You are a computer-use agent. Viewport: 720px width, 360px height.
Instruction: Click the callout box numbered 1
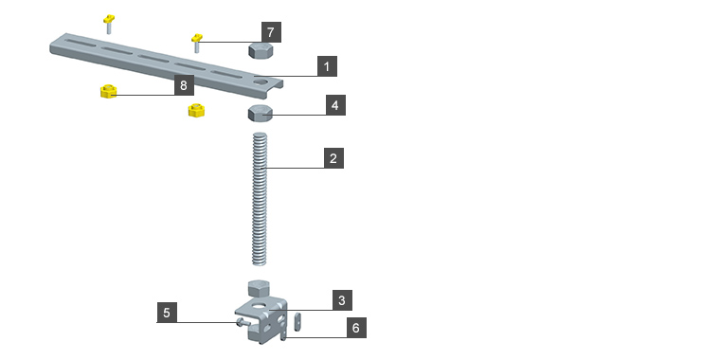(x=327, y=66)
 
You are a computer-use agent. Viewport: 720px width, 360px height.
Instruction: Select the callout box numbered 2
(x=333, y=158)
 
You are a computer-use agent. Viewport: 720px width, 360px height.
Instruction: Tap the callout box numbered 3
(x=342, y=300)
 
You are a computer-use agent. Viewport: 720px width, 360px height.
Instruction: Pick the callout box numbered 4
(x=335, y=105)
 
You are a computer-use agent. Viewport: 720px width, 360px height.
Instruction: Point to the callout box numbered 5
(x=167, y=313)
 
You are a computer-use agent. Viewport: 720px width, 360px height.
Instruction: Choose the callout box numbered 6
(x=356, y=328)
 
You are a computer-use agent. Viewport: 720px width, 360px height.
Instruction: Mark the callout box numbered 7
(x=271, y=32)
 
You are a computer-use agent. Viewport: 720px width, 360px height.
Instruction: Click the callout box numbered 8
(x=184, y=85)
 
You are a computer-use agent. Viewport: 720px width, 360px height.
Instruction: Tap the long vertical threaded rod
(x=260, y=199)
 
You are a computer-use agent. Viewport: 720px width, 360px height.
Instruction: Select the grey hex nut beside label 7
(x=261, y=49)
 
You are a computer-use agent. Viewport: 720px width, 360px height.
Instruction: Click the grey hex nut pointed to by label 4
(x=261, y=113)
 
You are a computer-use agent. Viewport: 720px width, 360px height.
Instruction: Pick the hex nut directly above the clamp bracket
(x=258, y=288)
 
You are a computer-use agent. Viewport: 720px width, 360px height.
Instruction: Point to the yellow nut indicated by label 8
(x=108, y=91)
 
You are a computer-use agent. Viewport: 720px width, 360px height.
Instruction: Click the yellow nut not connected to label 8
(x=196, y=110)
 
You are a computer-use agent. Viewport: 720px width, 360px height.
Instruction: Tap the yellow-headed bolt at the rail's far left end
(x=109, y=24)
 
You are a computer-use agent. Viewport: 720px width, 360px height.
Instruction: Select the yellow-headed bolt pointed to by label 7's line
(x=197, y=43)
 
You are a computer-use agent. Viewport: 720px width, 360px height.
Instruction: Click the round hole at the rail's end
(x=261, y=82)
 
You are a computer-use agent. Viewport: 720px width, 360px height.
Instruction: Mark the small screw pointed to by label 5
(x=243, y=323)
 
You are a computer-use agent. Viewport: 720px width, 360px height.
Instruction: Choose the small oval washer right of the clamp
(x=297, y=320)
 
